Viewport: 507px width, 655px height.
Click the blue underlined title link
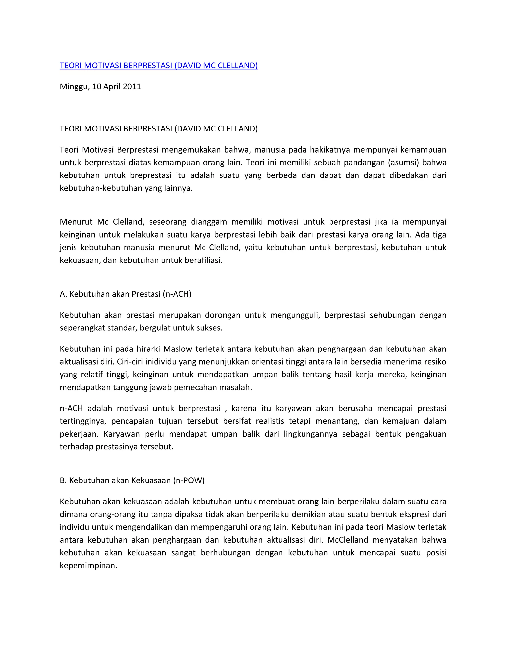[x=159, y=65]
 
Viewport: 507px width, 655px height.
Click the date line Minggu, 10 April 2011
[x=100, y=87]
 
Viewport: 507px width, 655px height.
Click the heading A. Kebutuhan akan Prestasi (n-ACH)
[x=126, y=294]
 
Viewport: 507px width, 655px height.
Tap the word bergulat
[x=156, y=328]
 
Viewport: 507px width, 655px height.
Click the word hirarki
[x=148, y=349]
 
